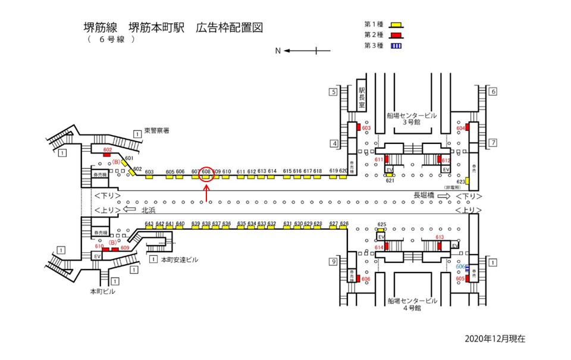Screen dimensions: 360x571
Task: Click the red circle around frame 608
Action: coord(206,173)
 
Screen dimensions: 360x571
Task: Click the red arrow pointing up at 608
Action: coord(206,192)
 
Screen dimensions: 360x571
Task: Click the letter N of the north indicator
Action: coord(278,51)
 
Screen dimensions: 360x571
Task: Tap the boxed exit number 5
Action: coord(334,92)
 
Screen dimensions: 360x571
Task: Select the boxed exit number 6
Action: coord(492,92)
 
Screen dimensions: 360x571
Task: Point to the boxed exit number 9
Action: coord(334,262)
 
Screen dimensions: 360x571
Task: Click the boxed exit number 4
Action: coord(334,143)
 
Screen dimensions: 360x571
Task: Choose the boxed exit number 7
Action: coord(492,143)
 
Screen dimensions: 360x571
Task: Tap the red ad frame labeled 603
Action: coord(359,128)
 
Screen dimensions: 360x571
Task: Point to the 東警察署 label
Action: coord(156,130)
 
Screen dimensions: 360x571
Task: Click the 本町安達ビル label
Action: coord(179,260)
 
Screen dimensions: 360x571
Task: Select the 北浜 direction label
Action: coord(148,210)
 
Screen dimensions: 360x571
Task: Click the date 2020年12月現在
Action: coord(495,338)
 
